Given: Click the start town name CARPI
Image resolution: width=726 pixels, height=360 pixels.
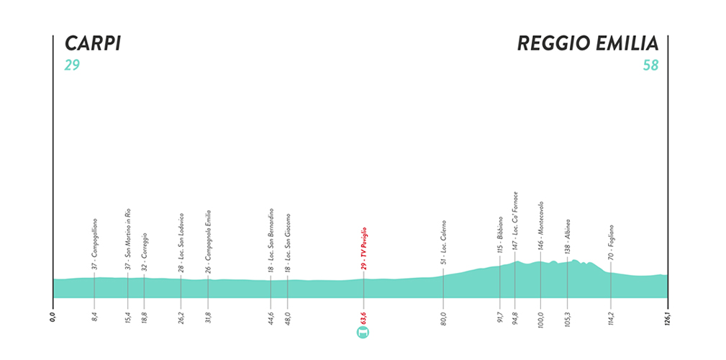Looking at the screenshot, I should (x=91, y=44).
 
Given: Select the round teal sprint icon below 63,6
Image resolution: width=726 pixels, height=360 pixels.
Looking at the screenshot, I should (x=363, y=332).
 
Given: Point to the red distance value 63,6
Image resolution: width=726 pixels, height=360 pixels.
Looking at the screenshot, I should (x=364, y=316).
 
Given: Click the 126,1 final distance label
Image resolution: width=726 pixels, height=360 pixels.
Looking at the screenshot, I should (x=667, y=315).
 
